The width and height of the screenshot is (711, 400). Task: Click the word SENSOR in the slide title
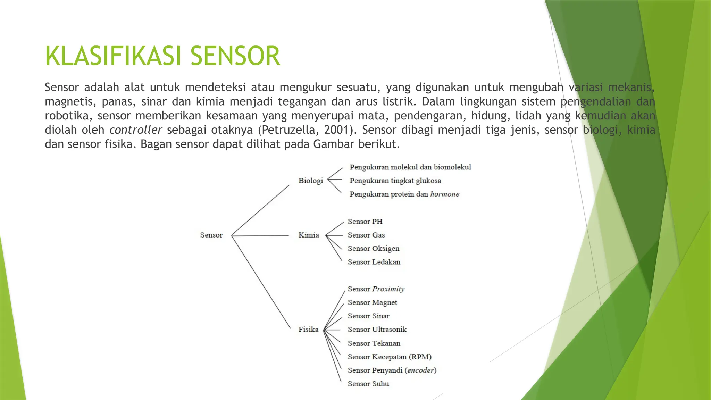click(x=235, y=56)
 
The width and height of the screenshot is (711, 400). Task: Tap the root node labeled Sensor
click(x=211, y=235)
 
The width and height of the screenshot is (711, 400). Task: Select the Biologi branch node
click(x=310, y=181)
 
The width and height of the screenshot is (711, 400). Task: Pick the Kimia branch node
click(x=309, y=235)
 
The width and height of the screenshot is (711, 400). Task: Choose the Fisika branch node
click(x=308, y=330)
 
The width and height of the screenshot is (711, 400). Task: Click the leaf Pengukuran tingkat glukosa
click(x=395, y=181)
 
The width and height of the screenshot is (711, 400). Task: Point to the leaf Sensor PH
click(x=365, y=222)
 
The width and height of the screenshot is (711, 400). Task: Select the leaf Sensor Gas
click(x=366, y=235)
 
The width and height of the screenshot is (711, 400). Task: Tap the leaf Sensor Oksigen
click(x=374, y=249)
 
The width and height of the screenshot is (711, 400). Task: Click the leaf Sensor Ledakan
click(x=374, y=262)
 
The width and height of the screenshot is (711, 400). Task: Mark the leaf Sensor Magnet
click(x=372, y=302)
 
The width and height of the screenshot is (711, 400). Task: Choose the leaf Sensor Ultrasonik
click(x=377, y=330)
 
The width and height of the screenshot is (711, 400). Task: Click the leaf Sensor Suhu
click(x=368, y=384)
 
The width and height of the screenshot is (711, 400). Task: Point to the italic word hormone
click(x=445, y=194)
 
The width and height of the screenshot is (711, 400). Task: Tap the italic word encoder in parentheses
click(x=420, y=370)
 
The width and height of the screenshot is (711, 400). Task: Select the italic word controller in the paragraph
click(x=135, y=130)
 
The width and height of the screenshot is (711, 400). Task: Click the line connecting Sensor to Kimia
click(x=260, y=235)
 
